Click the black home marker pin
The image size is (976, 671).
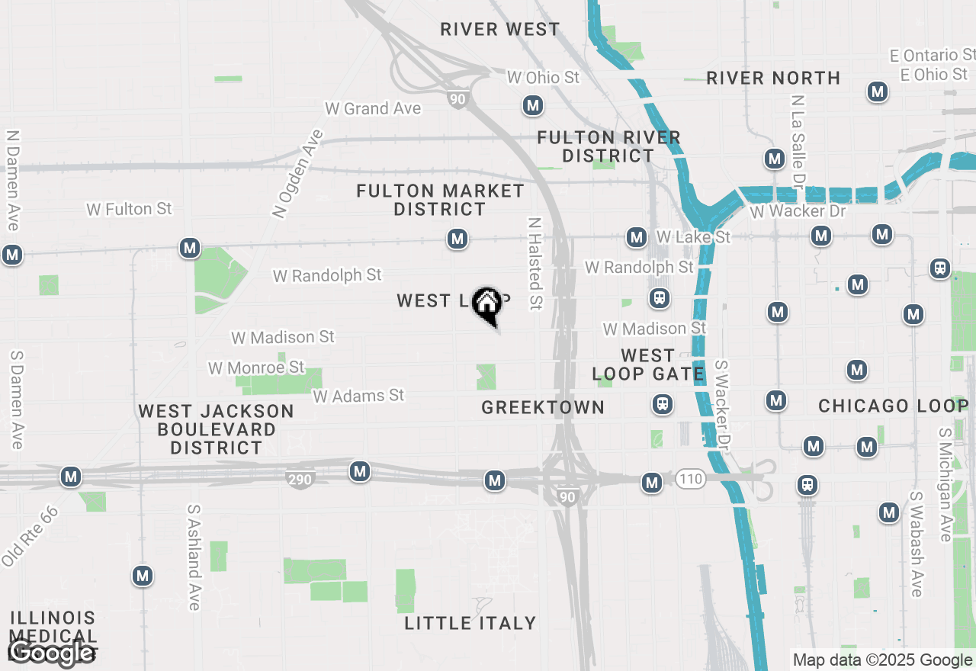point(486,305)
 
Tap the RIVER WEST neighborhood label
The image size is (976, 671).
point(500,30)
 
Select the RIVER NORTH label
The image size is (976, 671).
point(773,78)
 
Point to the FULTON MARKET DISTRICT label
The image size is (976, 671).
point(440,200)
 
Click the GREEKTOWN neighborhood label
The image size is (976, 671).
point(543,408)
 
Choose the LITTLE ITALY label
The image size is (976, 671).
point(470,623)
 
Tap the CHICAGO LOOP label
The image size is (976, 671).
point(893,406)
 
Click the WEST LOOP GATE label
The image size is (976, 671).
point(648,365)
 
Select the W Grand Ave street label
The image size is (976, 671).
point(373,108)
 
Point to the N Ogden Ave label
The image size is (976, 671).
point(298,174)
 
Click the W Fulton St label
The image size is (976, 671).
point(129,209)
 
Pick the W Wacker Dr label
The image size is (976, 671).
point(798,211)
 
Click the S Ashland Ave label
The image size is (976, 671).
point(194,557)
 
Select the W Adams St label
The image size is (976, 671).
point(358,396)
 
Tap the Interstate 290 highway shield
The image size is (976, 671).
point(300,480)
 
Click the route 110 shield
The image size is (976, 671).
point(689,480)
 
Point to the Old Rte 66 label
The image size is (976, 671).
point(30,535)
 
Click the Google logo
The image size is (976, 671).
point(52,653)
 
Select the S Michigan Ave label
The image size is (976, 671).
point(945,485)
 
